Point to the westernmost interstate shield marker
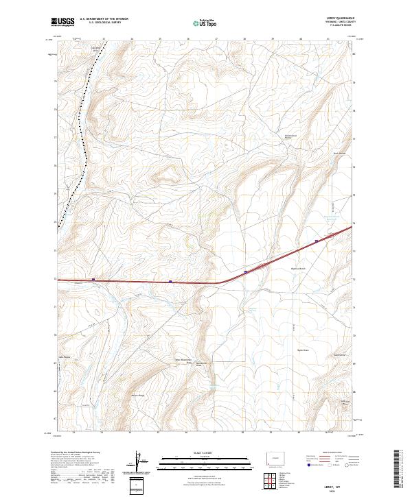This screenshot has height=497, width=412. click(x=93, y=280)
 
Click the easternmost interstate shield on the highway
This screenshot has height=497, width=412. click(x=316, y=241)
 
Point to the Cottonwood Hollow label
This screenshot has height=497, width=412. click(x=294, y=136)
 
